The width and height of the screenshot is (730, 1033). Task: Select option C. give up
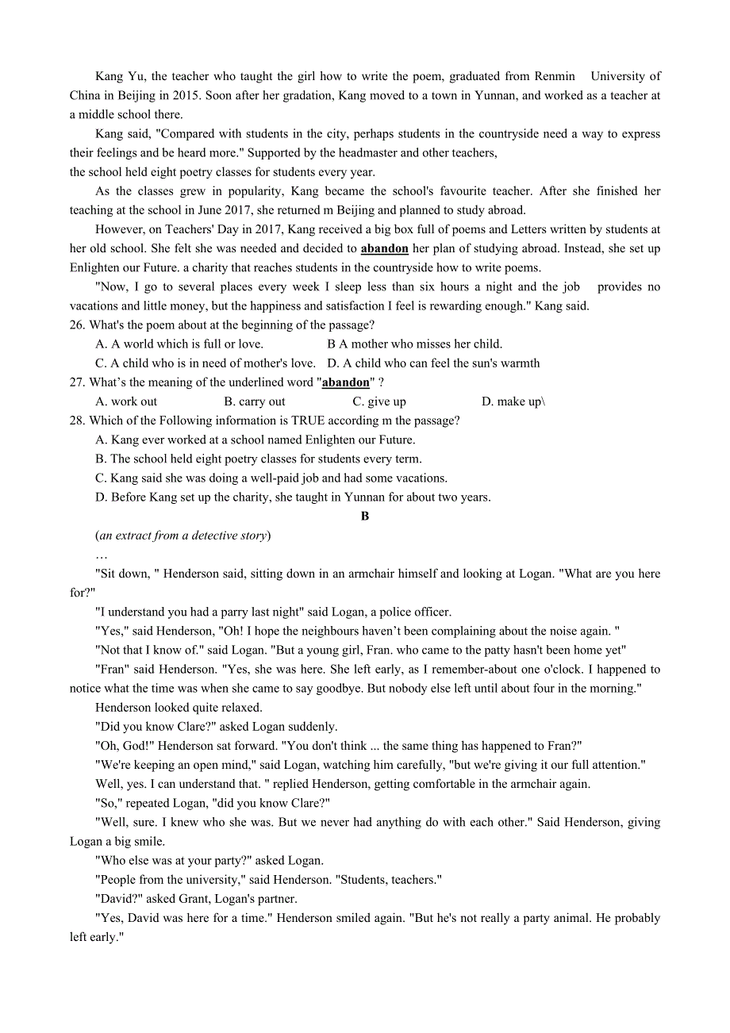pyautogui.click(x=379, y=401)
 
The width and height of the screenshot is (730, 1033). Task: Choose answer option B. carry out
pyautogui.click(x=255, y=401)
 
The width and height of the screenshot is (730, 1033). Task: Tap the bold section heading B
pyautogui.click(x=365, y=516)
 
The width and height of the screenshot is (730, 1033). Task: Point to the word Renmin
pyautogui.click(x=555, y=76)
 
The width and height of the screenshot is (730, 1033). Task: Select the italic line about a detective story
pyautogui.click(x=183, y=536)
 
